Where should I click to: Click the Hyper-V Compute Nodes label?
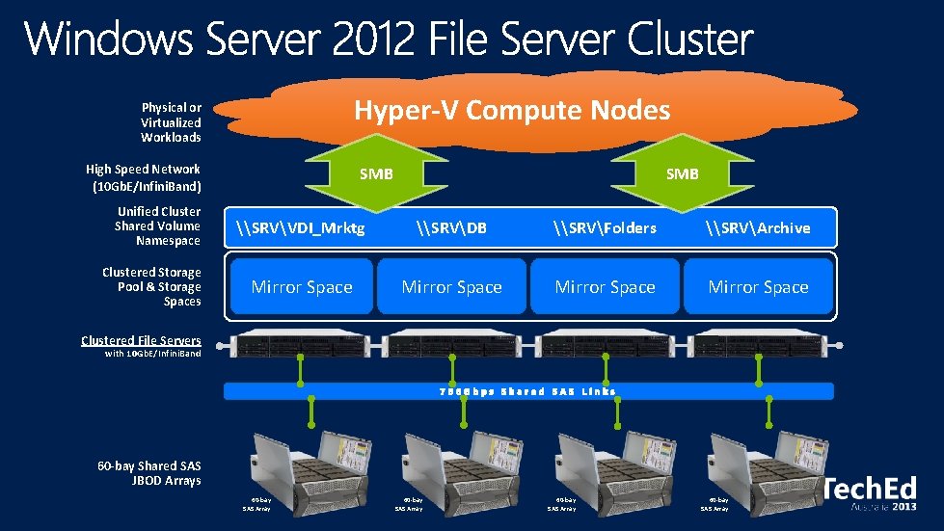click(x=511, y=111)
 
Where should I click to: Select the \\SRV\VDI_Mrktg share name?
click(x=301, y=228)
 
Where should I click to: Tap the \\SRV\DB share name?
click(x=451, y=228)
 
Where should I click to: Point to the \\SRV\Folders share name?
click(x=605, y=228)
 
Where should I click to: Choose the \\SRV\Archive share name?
click(x=758, y=228)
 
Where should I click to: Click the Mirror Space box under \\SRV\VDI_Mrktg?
click(x=302, y=287)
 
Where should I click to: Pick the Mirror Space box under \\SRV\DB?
click(x=451, y=287)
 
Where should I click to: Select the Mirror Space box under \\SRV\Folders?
click(x=605, y=287)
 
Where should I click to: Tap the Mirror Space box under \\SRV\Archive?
click(x=758, y=287)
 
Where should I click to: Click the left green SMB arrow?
click(x=376, y=174)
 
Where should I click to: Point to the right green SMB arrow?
click(x=682, y=174)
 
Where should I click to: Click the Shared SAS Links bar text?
click(x=527, y=391)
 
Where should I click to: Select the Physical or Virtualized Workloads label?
click(x=171, y=122)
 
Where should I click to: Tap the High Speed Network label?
click(x=144, y=176)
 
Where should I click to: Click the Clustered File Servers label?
click(x=141, y=340)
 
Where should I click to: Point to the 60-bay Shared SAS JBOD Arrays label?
click(x=149, y=473)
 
